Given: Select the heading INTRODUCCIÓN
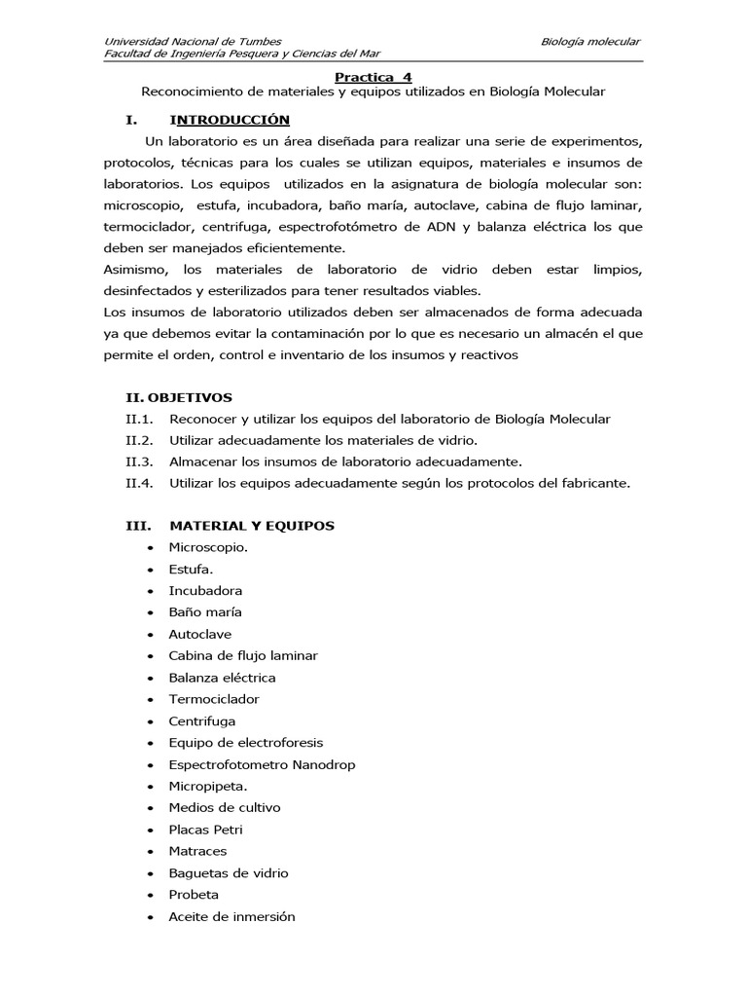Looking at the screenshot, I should (x=230, y=120).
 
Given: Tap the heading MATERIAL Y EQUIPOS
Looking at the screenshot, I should (x=251, y=526).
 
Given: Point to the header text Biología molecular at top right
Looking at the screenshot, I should (x=591, y=41).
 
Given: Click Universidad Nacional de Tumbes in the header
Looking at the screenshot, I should (x=193, y=41).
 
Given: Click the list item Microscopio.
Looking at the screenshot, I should (x=207, y=547).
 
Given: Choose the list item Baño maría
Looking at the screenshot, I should (x=204, y=612).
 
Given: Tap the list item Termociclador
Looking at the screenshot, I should (x=214, y=699).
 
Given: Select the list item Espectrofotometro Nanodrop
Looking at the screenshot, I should (x=262, y=764).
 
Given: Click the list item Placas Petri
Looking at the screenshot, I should (x=205, y=830).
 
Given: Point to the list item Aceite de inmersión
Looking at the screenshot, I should (x=231, y=916).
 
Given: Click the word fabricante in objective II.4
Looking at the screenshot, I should (x=596, y=483).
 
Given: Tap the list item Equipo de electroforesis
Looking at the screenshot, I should (x=245, y=743).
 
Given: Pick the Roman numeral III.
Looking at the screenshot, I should (x=137, y=526).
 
